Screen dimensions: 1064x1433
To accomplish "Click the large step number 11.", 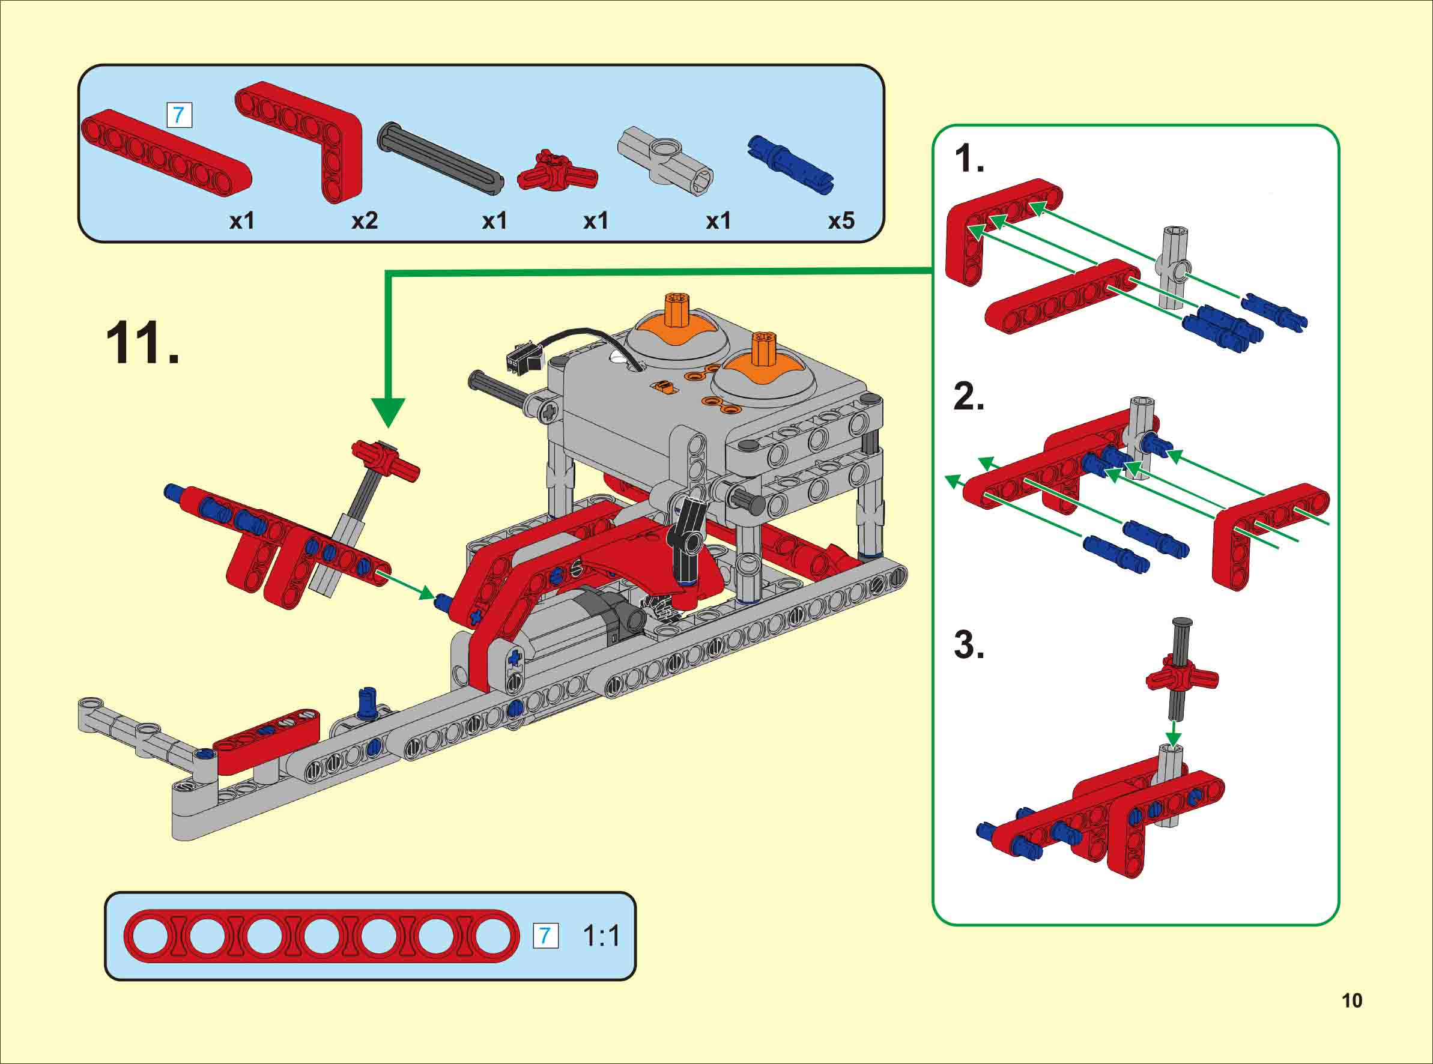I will click(142, 343).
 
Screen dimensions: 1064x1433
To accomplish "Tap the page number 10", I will click(1352, 1000).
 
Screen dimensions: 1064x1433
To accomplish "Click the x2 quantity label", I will click(364, 221).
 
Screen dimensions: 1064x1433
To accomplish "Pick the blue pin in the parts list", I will click(791, 163).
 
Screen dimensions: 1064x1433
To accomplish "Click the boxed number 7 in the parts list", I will click(179, 115).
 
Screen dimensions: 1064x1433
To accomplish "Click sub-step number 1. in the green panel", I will click(969, 159).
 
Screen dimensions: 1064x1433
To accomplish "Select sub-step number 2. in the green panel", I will click(969, 397).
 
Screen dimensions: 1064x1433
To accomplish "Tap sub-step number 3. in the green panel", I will click(969, 645).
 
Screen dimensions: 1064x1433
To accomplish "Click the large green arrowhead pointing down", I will click(388, 412).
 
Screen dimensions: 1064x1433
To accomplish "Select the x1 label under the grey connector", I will click(718, 221).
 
